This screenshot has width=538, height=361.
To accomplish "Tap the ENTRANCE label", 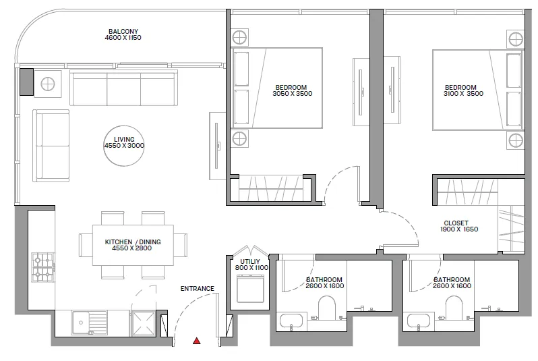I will [x=197, y=289].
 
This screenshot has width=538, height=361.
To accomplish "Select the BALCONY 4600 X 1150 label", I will [x=124, y=34].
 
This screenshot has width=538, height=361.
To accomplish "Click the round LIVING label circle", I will [x=124, y=142].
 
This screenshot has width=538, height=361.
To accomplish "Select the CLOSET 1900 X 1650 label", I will [x=460, y=226].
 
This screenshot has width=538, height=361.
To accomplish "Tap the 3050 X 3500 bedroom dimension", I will [x=291, y=94].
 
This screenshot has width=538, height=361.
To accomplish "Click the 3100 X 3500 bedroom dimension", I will [x=460, y=94].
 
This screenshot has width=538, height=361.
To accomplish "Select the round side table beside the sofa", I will [x=48, y=84].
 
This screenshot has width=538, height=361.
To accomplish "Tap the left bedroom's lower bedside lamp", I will [x=239, y=140].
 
